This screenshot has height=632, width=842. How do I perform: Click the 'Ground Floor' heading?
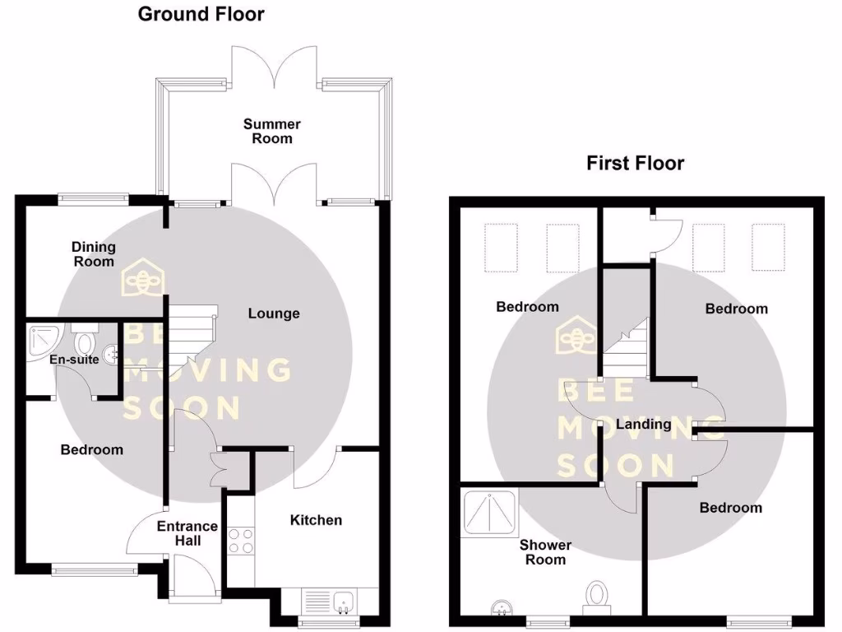pos(201,14)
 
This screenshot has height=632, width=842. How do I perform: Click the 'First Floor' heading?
pos(635,163)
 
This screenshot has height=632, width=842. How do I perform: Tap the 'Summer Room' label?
pos(272,131)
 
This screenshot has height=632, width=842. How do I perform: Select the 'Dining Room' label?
pos(94,253)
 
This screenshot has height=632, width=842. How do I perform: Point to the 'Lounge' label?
pos(274,314)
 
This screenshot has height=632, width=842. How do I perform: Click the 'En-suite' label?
pos(74,360)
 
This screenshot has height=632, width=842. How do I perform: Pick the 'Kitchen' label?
pos(316,520)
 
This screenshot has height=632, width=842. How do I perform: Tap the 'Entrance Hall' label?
pos(187,533)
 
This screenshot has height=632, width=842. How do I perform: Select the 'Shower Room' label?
pos(545,552)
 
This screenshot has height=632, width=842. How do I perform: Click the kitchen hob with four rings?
pos(240,541)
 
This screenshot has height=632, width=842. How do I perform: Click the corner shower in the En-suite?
pos(40,340)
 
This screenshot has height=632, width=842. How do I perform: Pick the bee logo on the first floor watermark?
pos(576,337)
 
